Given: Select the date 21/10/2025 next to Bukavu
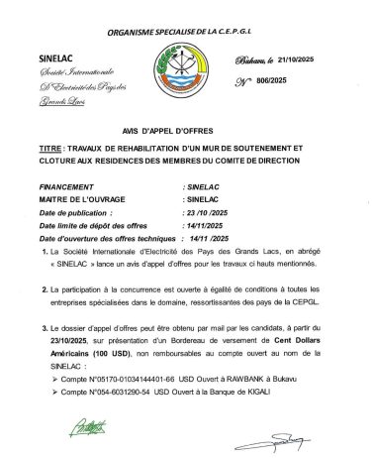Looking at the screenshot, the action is click(295, 59).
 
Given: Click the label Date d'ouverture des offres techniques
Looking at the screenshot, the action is click(106, 239).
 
